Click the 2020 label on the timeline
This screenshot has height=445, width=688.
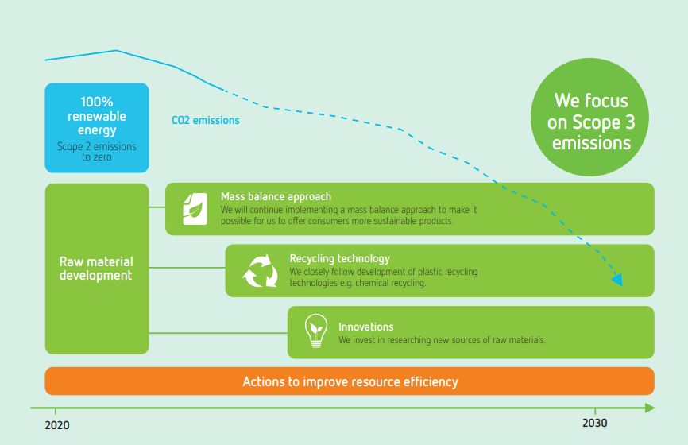(57, 425)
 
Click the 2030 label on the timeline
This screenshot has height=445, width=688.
(595, 423)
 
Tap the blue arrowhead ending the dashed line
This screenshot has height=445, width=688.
(617, 280)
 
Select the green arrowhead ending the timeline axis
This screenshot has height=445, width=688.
(650, 408)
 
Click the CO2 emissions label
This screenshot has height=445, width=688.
(205, 120)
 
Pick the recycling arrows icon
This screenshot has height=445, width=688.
(261, 271)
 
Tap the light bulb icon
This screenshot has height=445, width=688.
(316, 331)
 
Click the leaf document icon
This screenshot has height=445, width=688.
(195, 209)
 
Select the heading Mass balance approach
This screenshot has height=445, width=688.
(276, 196)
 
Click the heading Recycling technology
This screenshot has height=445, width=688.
(339, 258)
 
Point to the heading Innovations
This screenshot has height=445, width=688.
(366, 327)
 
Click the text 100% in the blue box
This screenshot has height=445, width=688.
(97, 102)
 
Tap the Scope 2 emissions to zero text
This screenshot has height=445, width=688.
(97, 152)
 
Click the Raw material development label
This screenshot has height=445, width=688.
(96, 268)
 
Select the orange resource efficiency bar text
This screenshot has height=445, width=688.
(350, 381)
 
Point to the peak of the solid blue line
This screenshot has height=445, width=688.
(116, 51)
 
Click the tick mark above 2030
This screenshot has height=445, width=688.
(595, 410)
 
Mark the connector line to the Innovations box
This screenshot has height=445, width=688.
(218, 333)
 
